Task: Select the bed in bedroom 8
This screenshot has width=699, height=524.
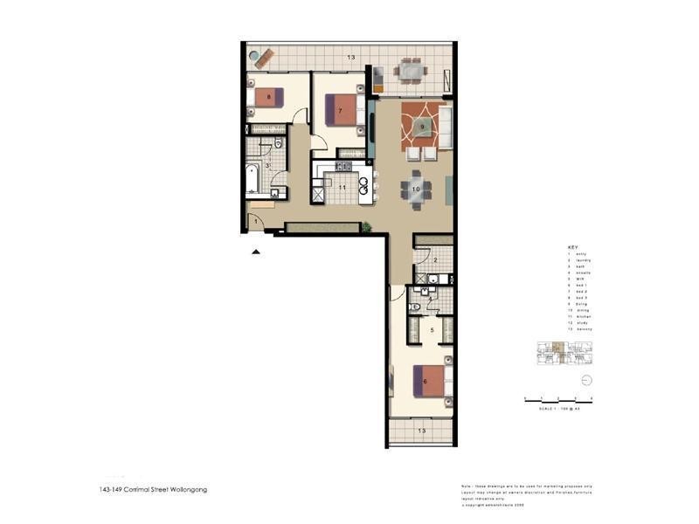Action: [x=265, y=97]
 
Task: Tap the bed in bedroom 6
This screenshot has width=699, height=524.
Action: [x=432, y=381]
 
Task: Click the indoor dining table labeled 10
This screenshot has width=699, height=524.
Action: [x=416, y=189]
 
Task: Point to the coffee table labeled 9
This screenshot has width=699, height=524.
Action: [x=422, y=127]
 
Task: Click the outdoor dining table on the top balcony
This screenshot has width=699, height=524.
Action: [x=409, y=69]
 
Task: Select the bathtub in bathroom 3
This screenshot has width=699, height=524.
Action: [x=253, y=179]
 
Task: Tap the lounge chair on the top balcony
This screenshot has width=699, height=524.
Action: [x=257, y=57]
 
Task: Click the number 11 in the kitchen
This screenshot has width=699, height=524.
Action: [x=343, y=187]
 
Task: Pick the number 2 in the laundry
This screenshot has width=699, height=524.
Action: [x=434, y=259]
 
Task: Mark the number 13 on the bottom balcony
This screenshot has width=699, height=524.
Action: [x=421, y=431]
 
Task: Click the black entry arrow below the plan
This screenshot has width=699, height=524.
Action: [x=255, y=252]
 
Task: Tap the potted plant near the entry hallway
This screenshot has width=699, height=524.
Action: [x=367, y=228]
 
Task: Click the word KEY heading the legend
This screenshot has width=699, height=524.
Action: [x=572, y=247]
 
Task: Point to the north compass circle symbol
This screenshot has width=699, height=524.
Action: [x=586, y=380]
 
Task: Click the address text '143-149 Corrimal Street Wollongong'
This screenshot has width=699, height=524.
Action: [x=153, y=490]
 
